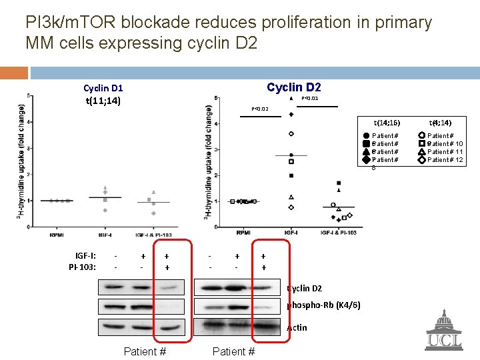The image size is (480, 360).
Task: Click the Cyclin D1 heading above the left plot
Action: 103,88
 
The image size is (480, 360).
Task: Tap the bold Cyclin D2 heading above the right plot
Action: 294,87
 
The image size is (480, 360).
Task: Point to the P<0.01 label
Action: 310,99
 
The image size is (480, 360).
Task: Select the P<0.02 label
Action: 260,109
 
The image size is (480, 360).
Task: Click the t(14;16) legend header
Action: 387,123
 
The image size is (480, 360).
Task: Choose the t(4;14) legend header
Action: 441,123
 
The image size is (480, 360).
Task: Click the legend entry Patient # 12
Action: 445,160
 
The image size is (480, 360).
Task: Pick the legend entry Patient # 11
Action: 445,152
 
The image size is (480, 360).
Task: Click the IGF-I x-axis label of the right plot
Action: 291,233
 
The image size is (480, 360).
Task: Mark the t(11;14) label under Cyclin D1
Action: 103,101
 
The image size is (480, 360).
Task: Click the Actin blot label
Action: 297,327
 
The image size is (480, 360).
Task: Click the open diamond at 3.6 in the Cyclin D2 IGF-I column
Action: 291,134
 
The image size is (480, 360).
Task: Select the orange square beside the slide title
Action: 14,73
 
